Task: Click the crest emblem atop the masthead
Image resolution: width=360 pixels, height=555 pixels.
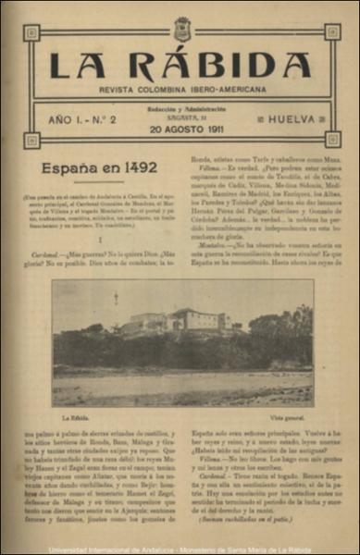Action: [180, 28]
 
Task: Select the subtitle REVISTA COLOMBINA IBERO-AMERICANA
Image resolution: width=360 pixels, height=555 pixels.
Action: [180, 90]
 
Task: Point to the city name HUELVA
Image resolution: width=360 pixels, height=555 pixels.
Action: [279, 120]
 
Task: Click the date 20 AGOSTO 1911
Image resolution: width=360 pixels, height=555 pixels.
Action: [181, 130]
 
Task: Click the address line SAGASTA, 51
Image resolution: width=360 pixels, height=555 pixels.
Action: [181, 118]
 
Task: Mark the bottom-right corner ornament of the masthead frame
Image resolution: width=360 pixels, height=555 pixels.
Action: [332, 140]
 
